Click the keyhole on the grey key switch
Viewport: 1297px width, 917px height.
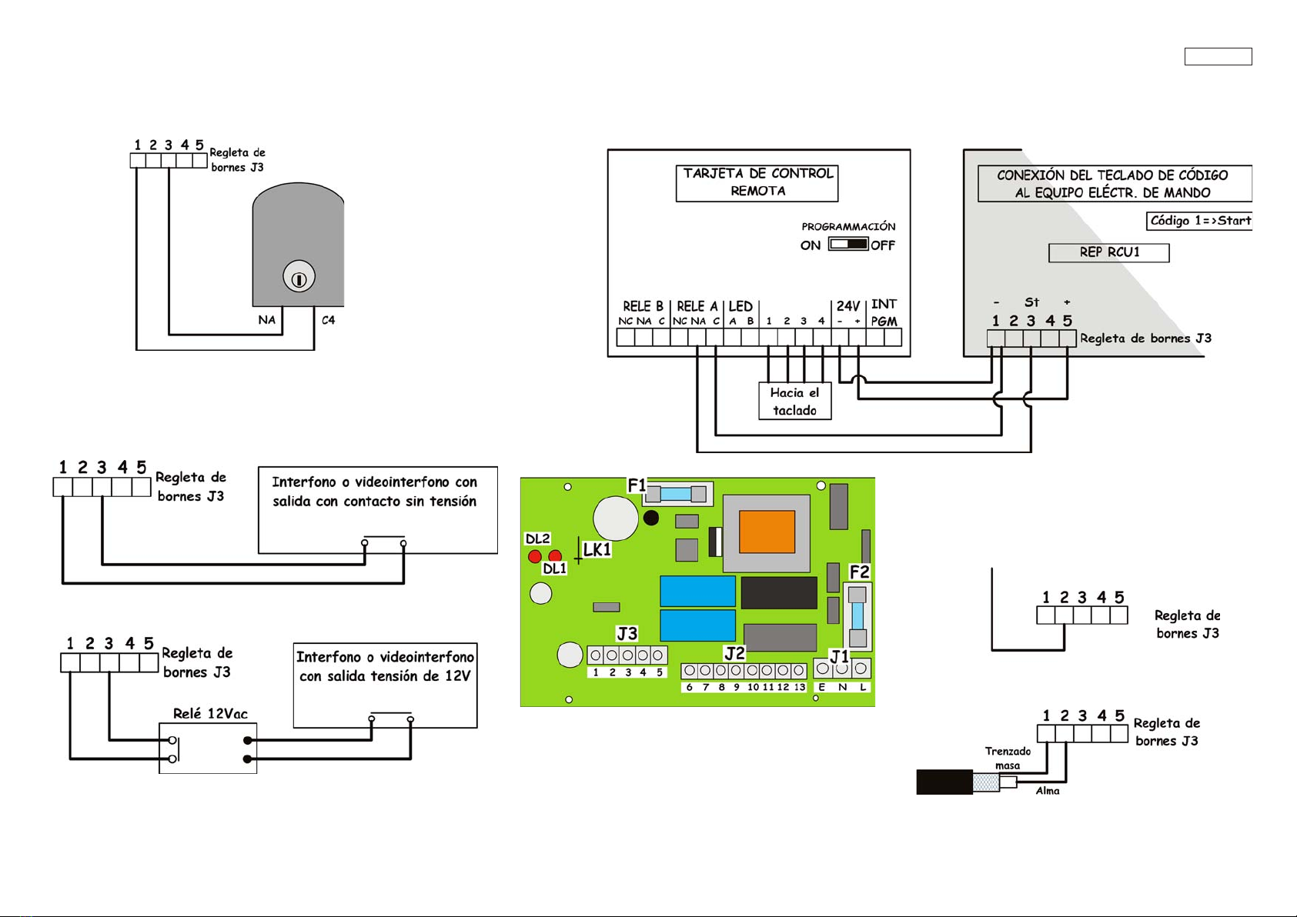(299, 278)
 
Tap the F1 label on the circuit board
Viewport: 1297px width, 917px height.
(637, 485)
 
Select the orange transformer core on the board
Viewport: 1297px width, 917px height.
(767, 532)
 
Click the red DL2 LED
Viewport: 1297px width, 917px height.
(535, 556)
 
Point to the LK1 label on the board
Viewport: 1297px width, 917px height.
(597, 549)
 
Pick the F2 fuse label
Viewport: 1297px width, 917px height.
(859, 572)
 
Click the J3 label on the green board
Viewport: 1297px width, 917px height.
(627, 633)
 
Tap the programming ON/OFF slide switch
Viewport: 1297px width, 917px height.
(848, 244)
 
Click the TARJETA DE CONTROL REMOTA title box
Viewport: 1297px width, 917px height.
(757, 183)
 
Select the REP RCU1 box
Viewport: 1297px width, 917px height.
(1108, 252)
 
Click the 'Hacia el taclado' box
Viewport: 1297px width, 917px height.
(794, 401)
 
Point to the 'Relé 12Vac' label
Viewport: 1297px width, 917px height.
(210, 713)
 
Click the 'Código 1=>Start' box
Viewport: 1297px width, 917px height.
(1198, 221)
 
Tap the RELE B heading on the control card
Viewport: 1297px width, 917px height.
(643, 306)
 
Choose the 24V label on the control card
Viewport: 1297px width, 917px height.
(847, 306)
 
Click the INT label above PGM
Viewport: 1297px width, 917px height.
(884, 304)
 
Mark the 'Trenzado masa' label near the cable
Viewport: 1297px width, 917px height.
(1008, 758)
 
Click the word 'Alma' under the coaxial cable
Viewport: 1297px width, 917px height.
(1047, 791)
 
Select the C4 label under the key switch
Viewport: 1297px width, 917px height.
(328, 320)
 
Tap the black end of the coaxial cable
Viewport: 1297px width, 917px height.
(944, 782)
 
